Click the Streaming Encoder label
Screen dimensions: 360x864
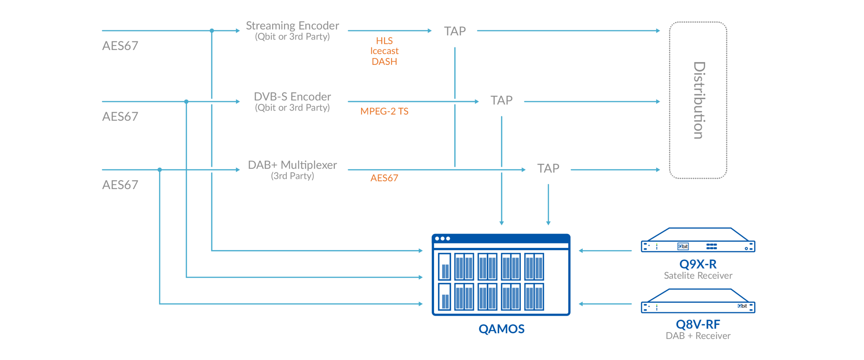pos(292,26)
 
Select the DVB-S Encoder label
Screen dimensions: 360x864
pos(292,97)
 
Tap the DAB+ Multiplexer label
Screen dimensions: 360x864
pos(292,165)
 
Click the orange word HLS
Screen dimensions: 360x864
pos(384,41)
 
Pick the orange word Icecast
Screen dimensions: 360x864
pos(384,51)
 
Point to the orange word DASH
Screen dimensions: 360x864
pos(384,61)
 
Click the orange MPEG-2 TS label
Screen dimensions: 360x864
pos(384,111)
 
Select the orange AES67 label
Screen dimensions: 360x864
pos(384,178)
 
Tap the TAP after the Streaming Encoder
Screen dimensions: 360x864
pos(455,31)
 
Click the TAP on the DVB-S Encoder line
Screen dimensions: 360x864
pos(502,100)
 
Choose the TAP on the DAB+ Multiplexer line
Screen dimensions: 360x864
pos(548,168)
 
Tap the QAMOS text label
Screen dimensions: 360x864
pos(502,329)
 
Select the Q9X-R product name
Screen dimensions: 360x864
pos(698,264)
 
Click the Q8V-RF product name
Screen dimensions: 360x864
pos(698,325)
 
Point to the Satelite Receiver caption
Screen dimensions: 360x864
pos(698,276)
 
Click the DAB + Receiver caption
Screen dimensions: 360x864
pos(698,336)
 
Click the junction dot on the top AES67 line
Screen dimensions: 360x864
pos(212,31)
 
